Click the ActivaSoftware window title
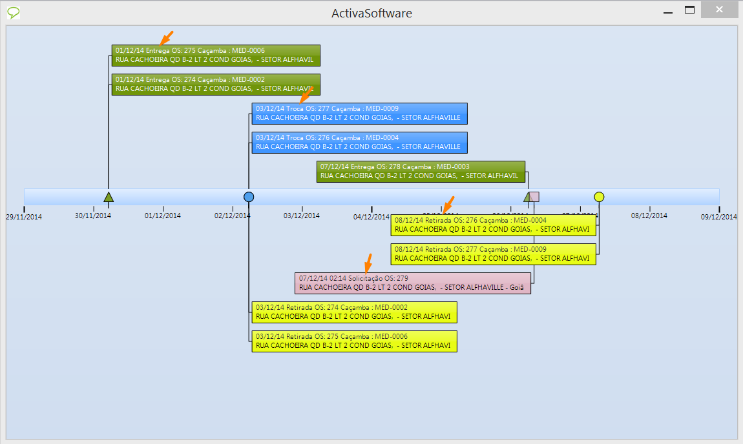click(x=371, y=13)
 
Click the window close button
click(x=720, y=10)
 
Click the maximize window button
click(x=689, y=10)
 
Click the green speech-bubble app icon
click(x=13, y=12)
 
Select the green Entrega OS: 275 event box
click(x=216, y=55)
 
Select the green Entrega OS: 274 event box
click(x=216, y=84)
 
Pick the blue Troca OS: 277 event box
click(x=359, y=113)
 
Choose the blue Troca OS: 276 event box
click(x=359, y=142)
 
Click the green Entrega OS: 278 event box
click(x=421, y=171)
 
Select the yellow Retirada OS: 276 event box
click(x=493, y=225)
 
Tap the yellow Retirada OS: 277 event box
click(x=493, y=254)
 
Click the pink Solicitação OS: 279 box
click(x=412, y=283)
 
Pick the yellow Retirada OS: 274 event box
click(x=354, y=312)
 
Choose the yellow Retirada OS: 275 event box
click(x=354, y=341)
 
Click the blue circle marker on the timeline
click(x=249, y=197)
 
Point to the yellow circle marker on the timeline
click(x=599, y=197)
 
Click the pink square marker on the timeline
click(x=534, y=197)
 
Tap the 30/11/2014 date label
click(x=93, y=216)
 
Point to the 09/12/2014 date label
click(x=718, y=217)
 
